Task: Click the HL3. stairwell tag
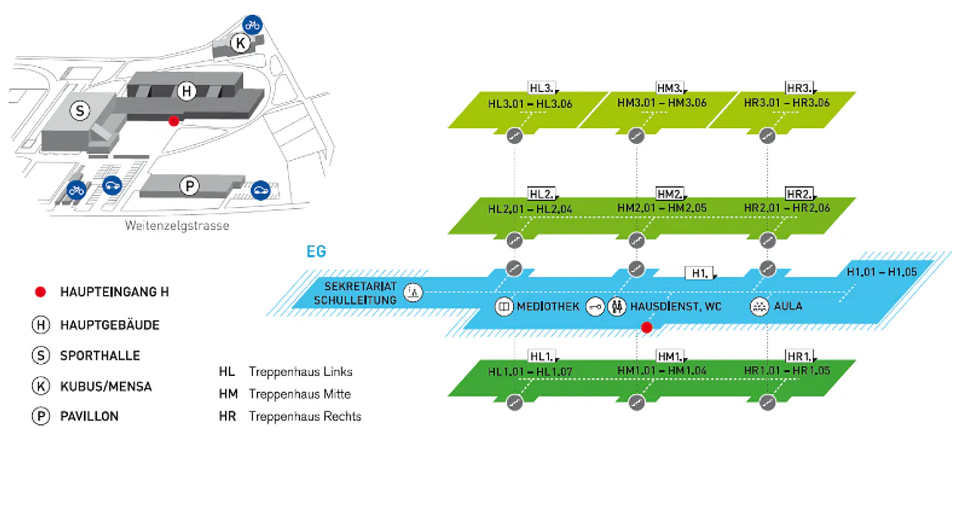pyautogui.click(x=542, y=86)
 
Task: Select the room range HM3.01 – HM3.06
pyautogui.click(x=662, y=103)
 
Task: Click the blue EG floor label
pyautogui.click(x=317, y=251)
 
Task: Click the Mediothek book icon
pyautogui.click(x=504, y=307)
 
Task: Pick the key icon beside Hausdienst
pyautogui.click(x=595, y=307)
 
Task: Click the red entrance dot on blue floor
pyautogui.click(x=647, y=327)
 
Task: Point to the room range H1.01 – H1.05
pyautogui.click(x=881, y=272)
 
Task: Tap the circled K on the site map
pyautogui.click(x=241, y=43)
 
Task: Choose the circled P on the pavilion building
pyautogui.click(x=189, y=186)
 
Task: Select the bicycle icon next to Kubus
pyautogui.click(x=252, y=25)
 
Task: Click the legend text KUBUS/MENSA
pyautogui.click(x=106, y=386)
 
